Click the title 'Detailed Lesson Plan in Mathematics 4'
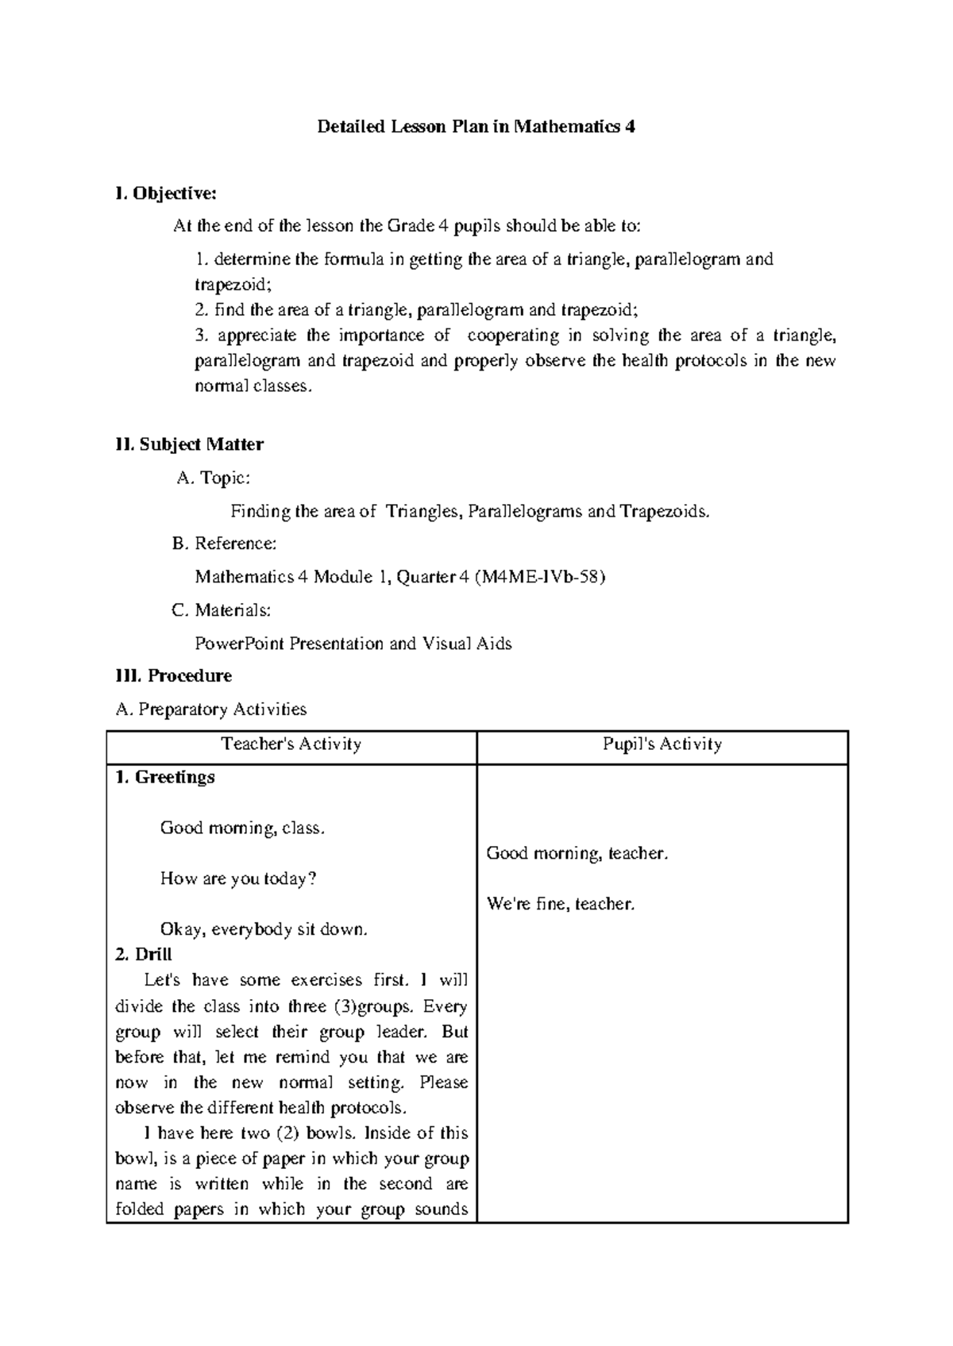coord(476,127)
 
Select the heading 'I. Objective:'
coord(165,194)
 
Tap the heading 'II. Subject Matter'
coord(189,444)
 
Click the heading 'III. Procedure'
coord(173,676)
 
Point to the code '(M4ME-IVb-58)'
coord(539,577)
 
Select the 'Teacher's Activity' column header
coord(291,744)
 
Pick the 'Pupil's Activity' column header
coord(662,744)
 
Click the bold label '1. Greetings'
coord(165,778)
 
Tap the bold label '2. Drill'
coord(144,955)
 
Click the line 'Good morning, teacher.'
coord(577,854)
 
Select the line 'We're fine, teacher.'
coord(561,904)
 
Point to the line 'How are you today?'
coord(238,879)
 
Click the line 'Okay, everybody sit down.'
coord(264,929)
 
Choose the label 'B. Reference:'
coord(225,544)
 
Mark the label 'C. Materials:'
coord(221,610)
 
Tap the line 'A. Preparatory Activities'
coord(210,710)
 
